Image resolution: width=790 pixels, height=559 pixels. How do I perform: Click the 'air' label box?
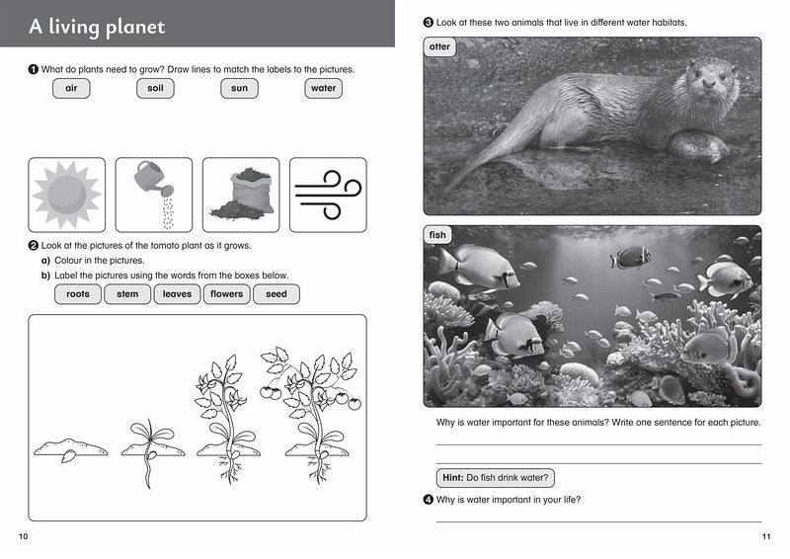click(71, 88)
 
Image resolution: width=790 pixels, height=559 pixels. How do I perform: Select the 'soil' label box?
click(155, 88)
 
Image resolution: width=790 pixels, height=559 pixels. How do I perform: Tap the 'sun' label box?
click(239, 88)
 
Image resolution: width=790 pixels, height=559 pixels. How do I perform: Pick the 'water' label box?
click(324, 88)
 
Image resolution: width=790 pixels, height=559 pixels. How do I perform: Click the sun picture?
click(66, 195)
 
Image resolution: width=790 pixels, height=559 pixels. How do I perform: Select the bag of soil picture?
click(243, 195)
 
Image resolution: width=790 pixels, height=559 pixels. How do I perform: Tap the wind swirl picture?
click(328, 195)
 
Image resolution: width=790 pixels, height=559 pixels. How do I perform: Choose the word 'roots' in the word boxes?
click(78, 294)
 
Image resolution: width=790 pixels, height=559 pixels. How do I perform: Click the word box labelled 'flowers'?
click(227, 294)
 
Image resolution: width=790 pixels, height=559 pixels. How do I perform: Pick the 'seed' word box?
click(276, 294)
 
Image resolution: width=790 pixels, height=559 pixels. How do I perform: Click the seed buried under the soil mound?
click(68, 456)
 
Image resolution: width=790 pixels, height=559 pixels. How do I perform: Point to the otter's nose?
click(709, 83)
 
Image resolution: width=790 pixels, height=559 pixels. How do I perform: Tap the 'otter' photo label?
click(439, 46)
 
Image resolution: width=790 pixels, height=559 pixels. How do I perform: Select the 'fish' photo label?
click(437, 235)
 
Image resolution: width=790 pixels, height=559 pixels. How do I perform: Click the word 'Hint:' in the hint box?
click(453, 478)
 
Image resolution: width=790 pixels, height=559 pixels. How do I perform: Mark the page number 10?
click(23, 536)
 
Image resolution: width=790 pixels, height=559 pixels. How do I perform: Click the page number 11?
click(766, 536)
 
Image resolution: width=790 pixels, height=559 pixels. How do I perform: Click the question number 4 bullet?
click(429, 500)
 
